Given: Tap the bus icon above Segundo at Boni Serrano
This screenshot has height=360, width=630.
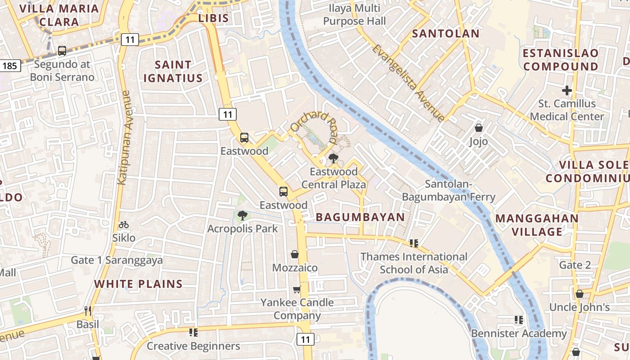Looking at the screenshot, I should coord(62,51).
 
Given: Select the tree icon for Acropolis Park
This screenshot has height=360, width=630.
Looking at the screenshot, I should coord(243,216).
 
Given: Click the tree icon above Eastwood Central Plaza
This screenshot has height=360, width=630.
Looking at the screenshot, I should coord(333,158).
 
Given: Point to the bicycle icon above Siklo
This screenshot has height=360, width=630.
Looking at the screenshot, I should coord(124,225).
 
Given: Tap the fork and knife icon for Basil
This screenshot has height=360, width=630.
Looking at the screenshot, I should coord(88,311).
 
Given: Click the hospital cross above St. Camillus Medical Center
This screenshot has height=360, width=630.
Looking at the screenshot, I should coord(567,90).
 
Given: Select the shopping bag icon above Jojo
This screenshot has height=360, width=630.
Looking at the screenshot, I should coord(478,128).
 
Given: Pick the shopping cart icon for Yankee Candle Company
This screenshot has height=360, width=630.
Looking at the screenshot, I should coord(297,289).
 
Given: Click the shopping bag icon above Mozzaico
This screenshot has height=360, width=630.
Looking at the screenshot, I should coord(295,255).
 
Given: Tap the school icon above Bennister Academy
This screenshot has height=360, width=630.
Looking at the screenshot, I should coord(518,320).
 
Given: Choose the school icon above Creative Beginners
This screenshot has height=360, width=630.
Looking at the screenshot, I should coord(193,333).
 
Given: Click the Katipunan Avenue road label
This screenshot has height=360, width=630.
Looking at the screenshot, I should coord(123,137).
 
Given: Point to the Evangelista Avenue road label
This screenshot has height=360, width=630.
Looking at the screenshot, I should coord(408,83).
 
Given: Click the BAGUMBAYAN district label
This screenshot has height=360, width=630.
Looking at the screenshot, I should coord(360,217).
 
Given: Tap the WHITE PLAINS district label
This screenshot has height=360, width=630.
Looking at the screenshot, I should coord(139,284).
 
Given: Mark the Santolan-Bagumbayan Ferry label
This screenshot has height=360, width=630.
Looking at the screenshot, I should coord(448,190).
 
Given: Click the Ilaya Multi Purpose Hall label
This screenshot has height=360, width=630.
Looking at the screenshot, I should coord(355,14).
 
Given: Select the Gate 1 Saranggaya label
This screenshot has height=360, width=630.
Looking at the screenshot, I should coord(117,260).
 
